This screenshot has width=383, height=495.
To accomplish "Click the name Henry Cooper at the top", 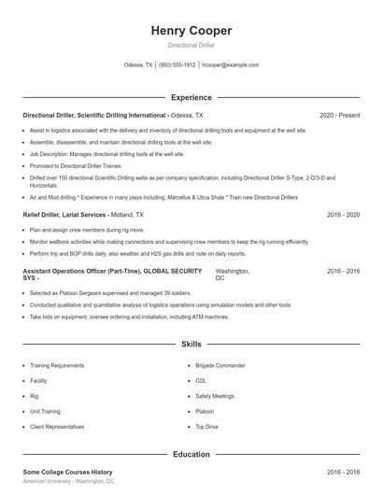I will [191, 31].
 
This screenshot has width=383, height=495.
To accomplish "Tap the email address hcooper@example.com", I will [230, 65].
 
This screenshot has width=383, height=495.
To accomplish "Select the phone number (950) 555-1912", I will [177, 65].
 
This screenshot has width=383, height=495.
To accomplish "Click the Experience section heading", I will [191, 97].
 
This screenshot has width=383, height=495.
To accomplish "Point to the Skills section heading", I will [191, 345].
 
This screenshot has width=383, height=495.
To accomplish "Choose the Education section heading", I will [191, 454].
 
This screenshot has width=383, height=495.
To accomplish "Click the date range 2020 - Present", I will [339, 115].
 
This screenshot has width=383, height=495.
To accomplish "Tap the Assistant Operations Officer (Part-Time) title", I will [82, 270].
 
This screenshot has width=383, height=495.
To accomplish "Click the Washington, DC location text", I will [233, 274].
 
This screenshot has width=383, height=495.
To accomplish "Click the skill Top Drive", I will [207, 427].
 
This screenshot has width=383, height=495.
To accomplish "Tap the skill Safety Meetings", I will [216, 397].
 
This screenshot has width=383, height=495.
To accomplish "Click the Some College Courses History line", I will [68, 473].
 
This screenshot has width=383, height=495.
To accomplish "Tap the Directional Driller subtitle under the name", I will [191, 45].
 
